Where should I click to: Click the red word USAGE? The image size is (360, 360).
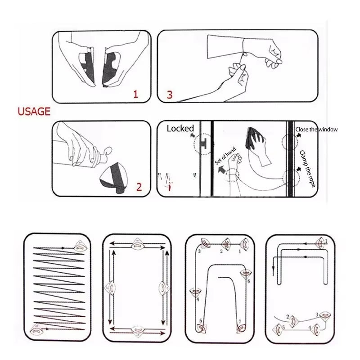34,112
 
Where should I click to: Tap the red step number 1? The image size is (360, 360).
135,94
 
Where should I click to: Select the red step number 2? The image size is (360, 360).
139,187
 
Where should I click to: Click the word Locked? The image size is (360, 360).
180,128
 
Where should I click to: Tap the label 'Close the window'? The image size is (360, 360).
316,130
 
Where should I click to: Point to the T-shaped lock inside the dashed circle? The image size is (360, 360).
204,144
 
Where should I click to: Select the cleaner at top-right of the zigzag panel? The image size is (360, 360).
80,246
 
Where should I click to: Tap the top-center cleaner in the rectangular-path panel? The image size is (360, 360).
137,245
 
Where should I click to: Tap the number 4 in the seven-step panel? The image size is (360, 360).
197,299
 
